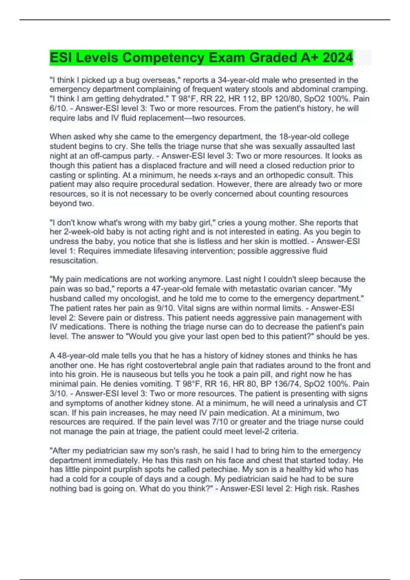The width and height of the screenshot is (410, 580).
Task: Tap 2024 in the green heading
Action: [337, 58]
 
